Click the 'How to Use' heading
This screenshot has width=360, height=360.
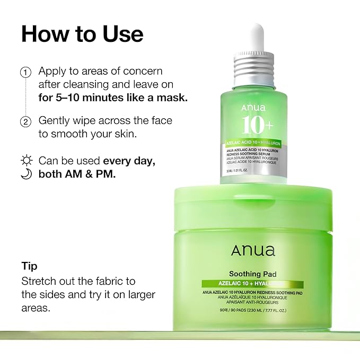click(x=82, y=33)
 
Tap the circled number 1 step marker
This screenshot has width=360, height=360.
click(x=25, y=72)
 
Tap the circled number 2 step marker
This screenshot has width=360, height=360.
click(x=25, y=122)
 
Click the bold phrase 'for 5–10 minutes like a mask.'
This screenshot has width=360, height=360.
click(x=113, y=98)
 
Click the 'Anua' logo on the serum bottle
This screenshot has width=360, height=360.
click(x=253, y=109)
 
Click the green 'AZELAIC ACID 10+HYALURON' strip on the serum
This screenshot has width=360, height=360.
click(x=253, y=144)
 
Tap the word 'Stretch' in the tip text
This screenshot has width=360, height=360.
click(x=39, y=281)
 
